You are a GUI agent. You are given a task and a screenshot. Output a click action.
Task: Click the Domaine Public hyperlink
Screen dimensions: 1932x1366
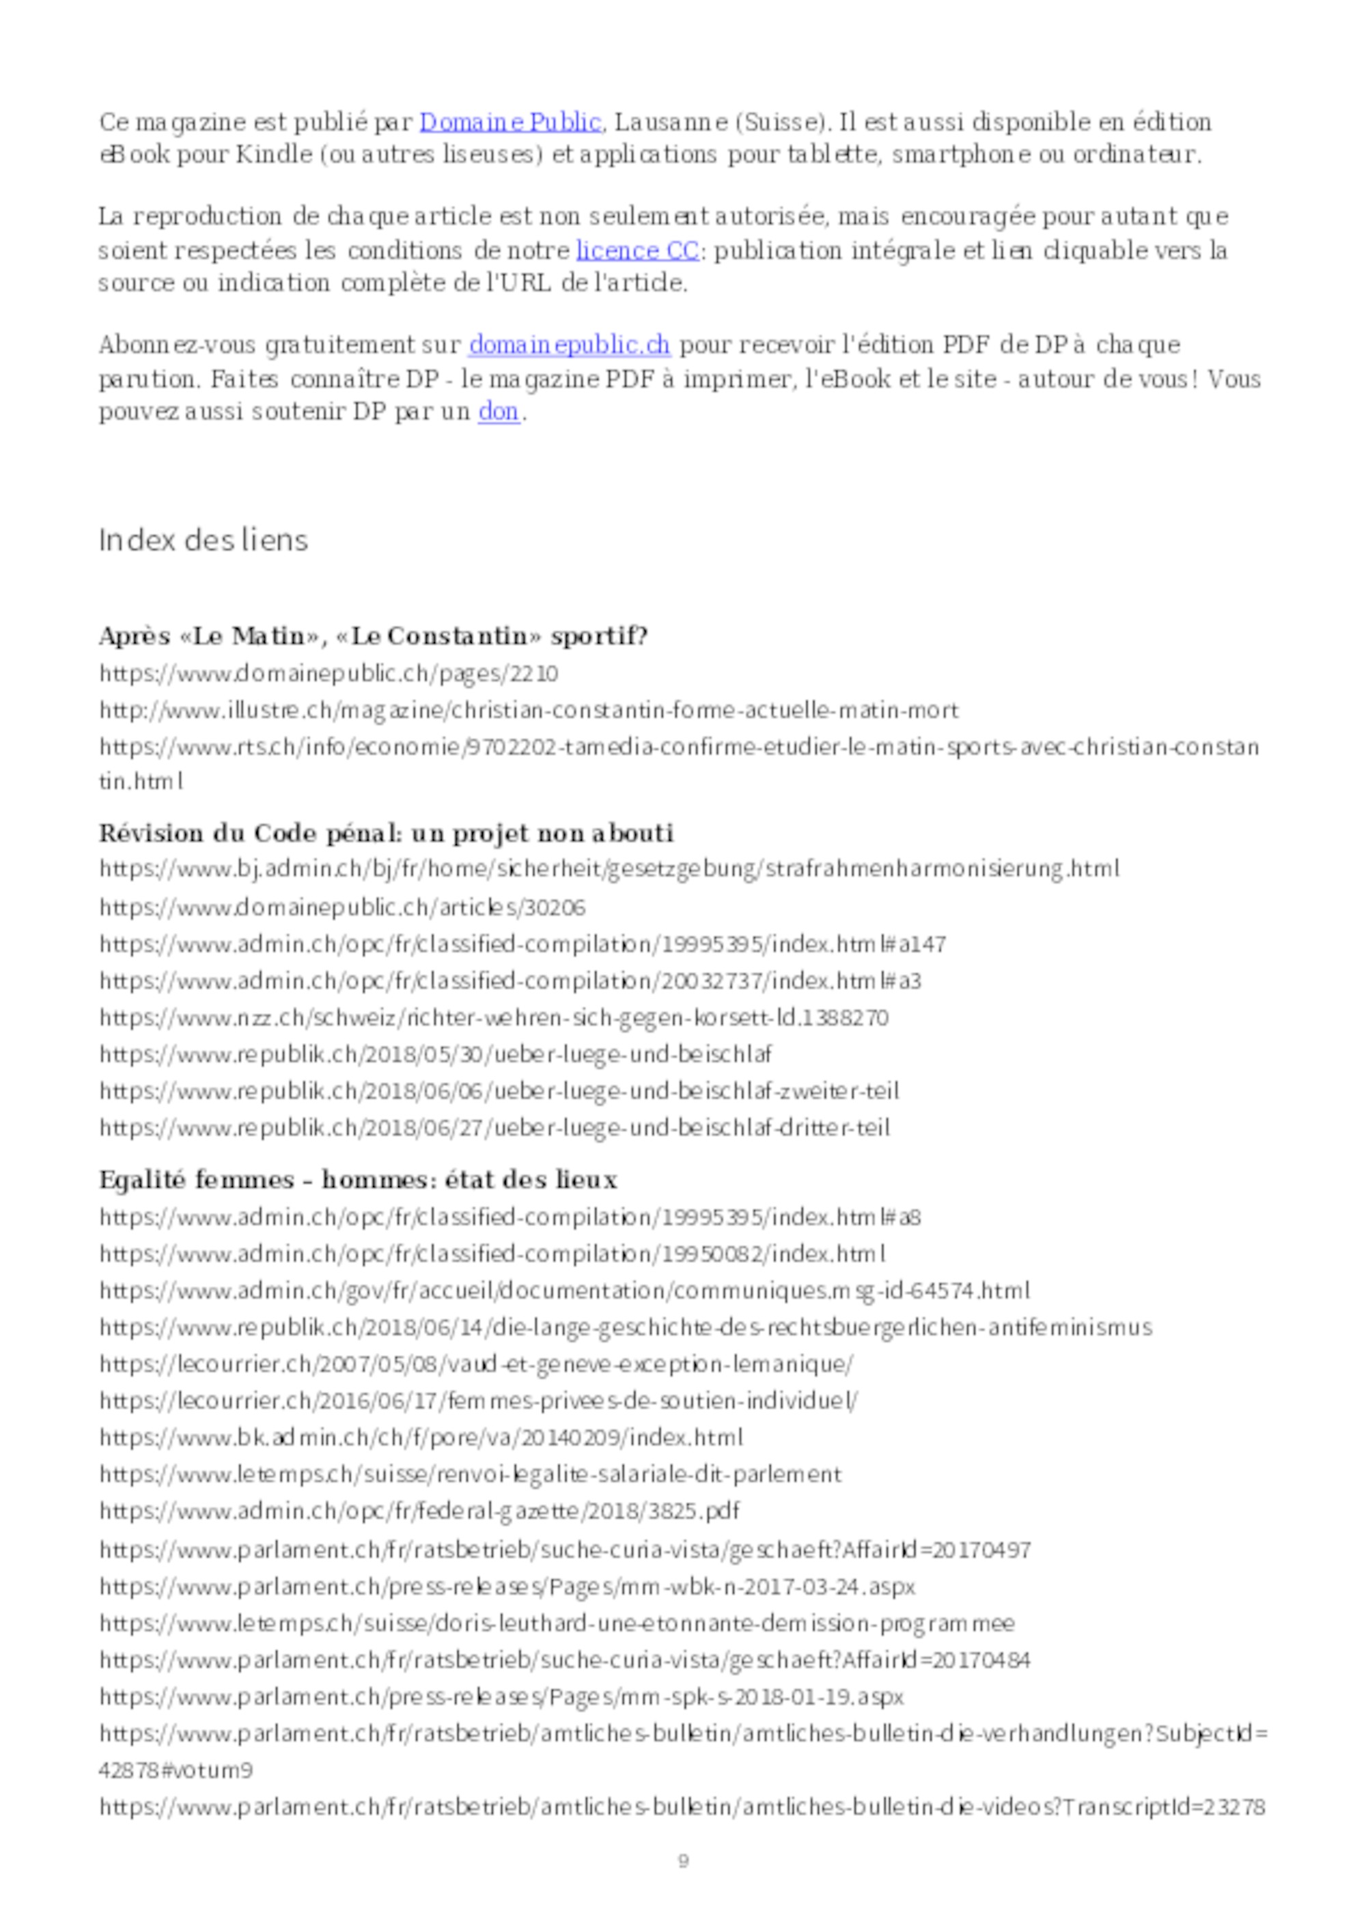[510, 123]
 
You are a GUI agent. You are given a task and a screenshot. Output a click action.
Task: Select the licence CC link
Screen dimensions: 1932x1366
[637, 251]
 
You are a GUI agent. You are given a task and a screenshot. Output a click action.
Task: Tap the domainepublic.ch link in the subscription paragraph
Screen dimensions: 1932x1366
[569, 345]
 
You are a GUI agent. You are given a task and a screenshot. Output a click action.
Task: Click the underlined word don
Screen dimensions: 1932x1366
[499, 412]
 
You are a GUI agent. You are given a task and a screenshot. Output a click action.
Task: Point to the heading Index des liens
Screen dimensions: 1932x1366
[204, 540]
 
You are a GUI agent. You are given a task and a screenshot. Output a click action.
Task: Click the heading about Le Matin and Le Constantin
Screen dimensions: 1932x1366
[373, 636]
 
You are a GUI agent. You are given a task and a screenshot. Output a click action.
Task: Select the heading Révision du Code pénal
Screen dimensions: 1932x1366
[387, 833]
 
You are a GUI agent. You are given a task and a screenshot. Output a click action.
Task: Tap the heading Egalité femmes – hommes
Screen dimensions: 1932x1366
[358, 1180]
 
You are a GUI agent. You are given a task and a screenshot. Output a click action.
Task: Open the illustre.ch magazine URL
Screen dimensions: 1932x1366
[529, 711]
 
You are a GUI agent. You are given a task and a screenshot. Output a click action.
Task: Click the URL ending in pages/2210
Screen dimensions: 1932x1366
[329, 674]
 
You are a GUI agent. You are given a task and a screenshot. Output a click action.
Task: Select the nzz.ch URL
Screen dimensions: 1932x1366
[493, 1018]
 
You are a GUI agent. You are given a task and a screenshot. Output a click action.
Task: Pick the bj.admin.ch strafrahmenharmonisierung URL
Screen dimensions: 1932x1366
[609, 869]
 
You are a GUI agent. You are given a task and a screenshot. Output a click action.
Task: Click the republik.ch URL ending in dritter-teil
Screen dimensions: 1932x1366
[494, 1128]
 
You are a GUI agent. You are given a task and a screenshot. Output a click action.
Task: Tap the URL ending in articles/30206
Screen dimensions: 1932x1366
[341, 908]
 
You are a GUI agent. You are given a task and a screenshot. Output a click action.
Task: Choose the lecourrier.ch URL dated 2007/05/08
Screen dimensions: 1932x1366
[475, 1364]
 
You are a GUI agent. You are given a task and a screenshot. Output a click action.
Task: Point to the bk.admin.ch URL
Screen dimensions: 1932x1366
[421, 1437]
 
